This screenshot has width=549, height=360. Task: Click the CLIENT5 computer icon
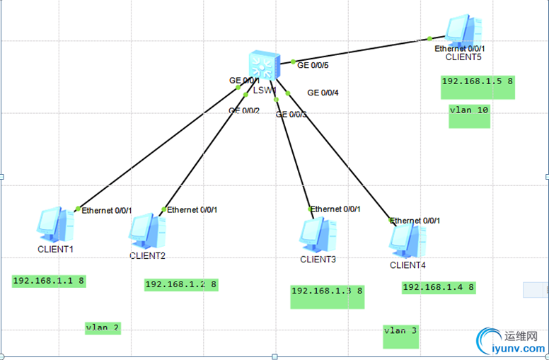[464, 30]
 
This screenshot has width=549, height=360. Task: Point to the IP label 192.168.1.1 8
[49, 281]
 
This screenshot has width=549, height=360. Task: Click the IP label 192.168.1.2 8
[181, 284]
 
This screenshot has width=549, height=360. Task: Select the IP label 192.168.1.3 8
[327, 291]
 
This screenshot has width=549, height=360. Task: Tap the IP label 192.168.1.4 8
[439, 287]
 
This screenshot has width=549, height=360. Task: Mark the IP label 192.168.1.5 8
[478, 81]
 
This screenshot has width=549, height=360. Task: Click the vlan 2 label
[103, 327]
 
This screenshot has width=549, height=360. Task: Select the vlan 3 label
[401, 331]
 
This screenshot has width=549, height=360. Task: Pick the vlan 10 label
[469, 110]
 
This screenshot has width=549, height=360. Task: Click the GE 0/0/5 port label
[313, 65]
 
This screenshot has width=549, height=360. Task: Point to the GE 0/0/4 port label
[323, 93]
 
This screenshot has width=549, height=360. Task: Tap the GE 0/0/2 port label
[244, 110]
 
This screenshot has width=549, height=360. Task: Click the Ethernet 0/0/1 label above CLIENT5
[460, 48]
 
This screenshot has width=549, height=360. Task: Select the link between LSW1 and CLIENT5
[361, 50]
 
